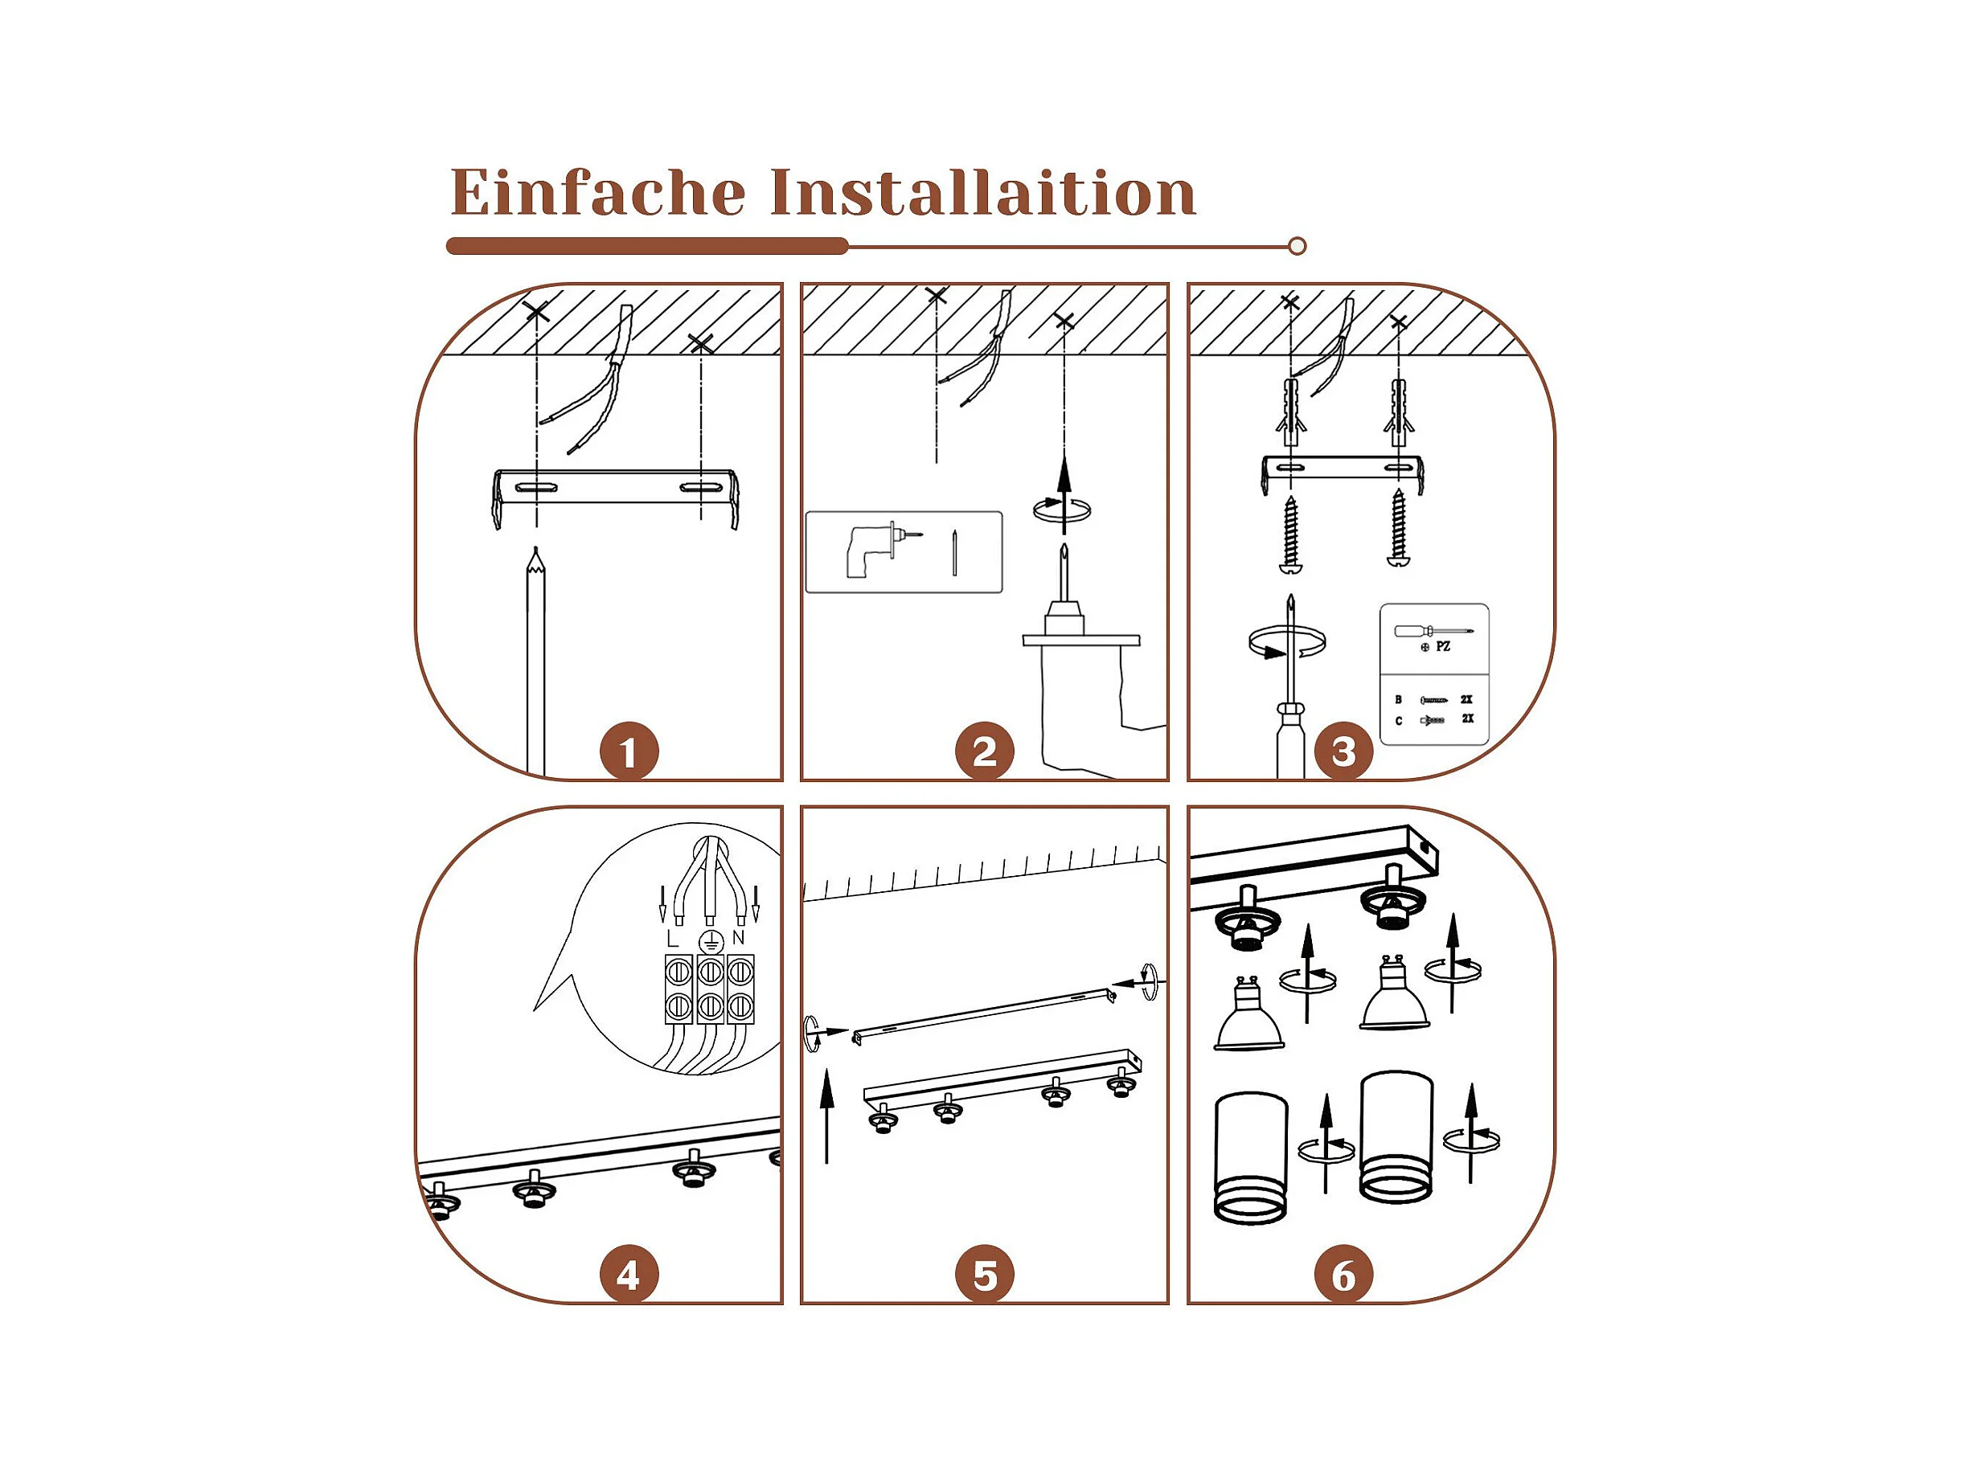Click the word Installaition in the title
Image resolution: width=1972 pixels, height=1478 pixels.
click(x=982, y=191)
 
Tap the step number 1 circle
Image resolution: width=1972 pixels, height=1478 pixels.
click(x=629, y=751)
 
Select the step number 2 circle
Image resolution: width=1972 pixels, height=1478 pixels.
click(x=984, y=751)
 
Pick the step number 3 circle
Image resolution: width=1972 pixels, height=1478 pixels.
click(x=1343, y=751)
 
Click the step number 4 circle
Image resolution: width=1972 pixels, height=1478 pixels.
click(x=629, y=1275)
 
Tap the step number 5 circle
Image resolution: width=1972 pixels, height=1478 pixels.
click(x=984, y=1275)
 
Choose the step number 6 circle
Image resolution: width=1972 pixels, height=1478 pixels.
click(x=1343, y=1275)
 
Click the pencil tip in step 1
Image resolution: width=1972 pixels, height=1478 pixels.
click(x=535, y=548)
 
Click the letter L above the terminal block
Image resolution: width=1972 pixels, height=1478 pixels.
click(x=673, y=939)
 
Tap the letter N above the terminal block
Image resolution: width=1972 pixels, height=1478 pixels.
click(x=738, y=938)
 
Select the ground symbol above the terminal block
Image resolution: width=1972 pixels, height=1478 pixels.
click(x=710, y=940)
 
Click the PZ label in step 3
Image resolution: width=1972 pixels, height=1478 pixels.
click(x=1443, y=646)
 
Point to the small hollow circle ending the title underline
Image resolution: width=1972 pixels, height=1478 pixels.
click(x=1298, y=246)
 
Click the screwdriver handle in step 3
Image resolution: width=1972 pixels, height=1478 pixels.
click(x=1290, y=742)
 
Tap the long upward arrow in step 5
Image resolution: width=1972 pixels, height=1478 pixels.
click(x=827, y=1116)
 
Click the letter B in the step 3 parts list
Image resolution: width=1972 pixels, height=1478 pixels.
click(x=1398, y=700)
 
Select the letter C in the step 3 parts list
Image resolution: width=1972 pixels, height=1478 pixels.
click(x=1398, y=720)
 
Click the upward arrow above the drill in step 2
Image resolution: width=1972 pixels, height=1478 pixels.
click(x=1064, y=495)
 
